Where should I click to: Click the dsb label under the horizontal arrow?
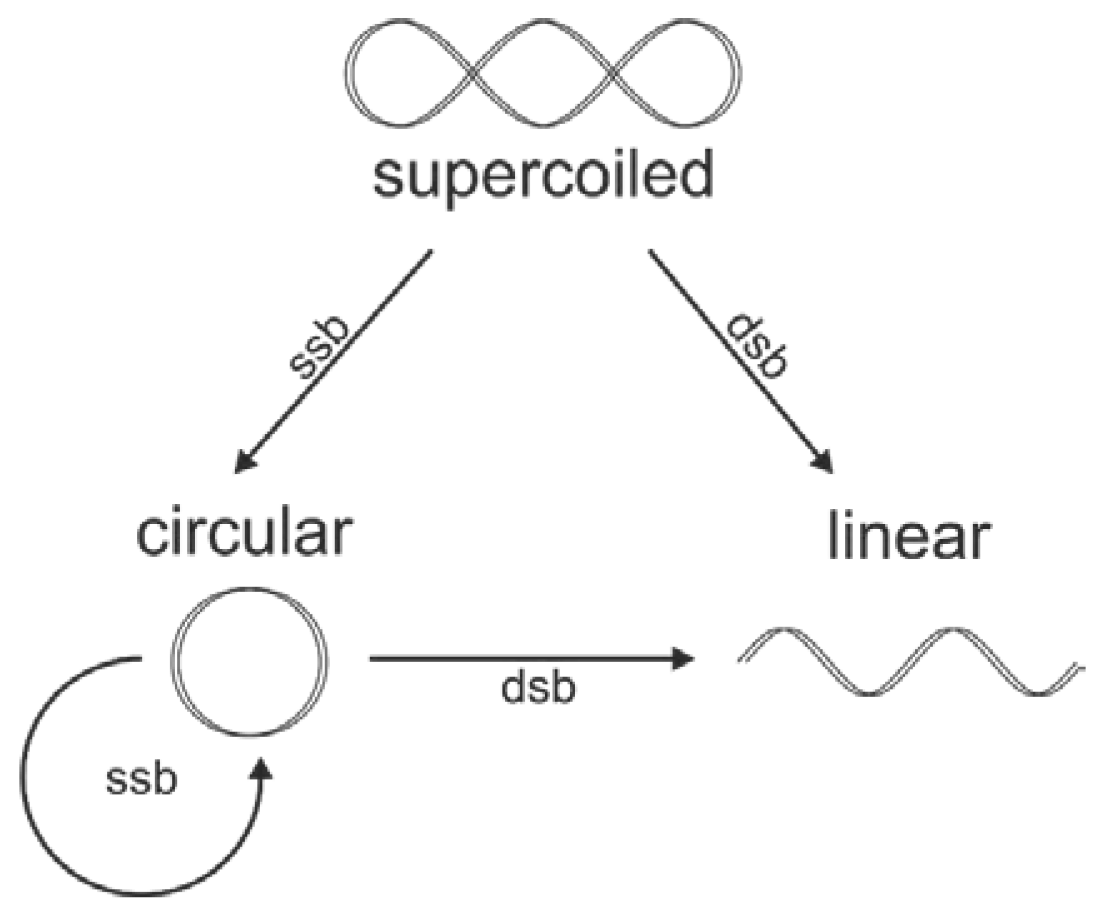coord(538,688)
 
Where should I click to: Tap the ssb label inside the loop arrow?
coord(142,780)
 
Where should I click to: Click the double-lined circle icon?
coord(249,661)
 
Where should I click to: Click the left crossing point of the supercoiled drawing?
coord(472,74)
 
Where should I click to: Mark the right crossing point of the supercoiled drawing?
coord(614,74)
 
